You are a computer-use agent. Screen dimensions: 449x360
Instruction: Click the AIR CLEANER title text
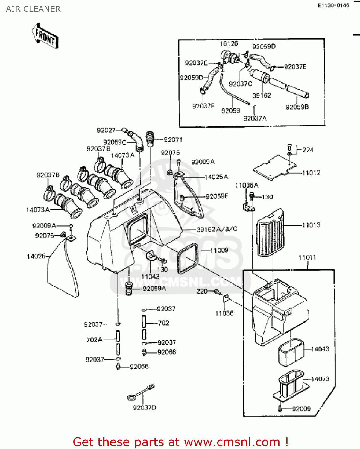[x=33, y=9]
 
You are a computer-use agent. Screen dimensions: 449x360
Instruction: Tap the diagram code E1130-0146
[x=333, y=5]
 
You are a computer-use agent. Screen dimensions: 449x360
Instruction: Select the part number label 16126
[x=229, y=44]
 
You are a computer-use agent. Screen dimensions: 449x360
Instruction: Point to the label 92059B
[x=297, y=107]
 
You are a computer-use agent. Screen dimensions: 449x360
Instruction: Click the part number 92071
[x=173, y=140]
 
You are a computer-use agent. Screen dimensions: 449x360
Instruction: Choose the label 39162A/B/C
[x=217, y=229]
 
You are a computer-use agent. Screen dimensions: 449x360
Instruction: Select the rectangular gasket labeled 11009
[x=188, y=258]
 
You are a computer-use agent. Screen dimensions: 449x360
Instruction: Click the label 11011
[x=307, y=257]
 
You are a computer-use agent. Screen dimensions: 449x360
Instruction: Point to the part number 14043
[x=320, y=349]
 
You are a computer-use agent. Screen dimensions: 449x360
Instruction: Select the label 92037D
[x=144, y=408]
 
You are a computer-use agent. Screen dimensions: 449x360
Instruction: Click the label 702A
[x=94, y=340]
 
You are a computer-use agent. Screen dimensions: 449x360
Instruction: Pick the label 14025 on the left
[x=36, y=256]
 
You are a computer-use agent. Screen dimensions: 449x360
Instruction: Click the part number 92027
[x=106, y=130]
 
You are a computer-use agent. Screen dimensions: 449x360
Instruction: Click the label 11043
[x=150, y=277]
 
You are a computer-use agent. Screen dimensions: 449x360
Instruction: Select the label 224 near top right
[x=308, y=150]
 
